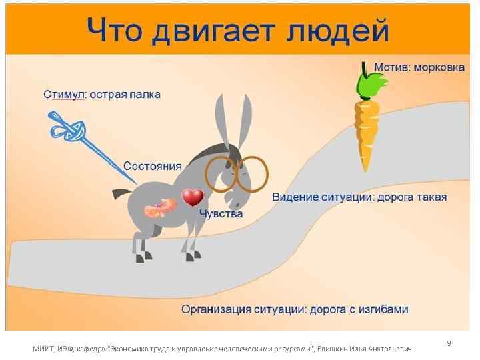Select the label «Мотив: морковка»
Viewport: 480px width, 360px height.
[419, 69]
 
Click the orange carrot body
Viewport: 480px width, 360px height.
[366, 133]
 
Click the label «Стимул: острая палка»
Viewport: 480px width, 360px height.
[102, 94]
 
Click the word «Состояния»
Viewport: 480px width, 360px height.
[153, 166]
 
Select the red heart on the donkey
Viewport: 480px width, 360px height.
[193, 197]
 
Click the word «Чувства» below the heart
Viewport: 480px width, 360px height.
[222, 215]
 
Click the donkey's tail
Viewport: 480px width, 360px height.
[122, 193]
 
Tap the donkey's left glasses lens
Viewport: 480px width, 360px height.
[220, 173]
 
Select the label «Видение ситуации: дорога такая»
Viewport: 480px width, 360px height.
[359, 198]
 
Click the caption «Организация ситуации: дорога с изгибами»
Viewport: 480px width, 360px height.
[295, 309]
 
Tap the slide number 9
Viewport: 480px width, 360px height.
[449, 343]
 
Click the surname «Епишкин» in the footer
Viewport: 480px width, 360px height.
[333, 349]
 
